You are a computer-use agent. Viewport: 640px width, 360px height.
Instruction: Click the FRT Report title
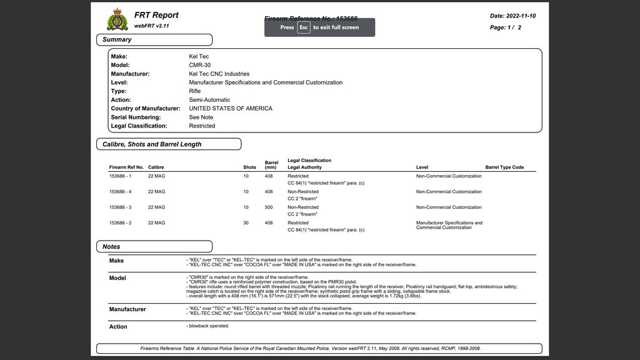[x=156, y=15]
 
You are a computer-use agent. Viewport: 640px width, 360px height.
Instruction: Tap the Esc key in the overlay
[x=303, y=27]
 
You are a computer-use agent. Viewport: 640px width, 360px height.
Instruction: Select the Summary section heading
[x=117, y=39]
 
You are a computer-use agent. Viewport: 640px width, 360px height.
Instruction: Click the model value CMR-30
[x=201, y=65]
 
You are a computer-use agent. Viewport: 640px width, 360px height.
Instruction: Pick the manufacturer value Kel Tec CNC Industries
[x=219, y=74]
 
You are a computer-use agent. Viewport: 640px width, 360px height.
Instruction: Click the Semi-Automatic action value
[x=209, y=100]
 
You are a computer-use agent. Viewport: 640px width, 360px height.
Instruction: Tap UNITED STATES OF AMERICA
[x=231, y=109]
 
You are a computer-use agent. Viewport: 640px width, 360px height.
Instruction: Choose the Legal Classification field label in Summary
[x=139, y=126]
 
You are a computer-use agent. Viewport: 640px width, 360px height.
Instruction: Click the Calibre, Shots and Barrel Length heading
[x=152, y=144]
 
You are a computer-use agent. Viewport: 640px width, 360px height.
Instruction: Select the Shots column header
[x=249, y=167]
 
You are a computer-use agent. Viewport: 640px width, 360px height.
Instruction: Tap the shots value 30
[x=246, y=223]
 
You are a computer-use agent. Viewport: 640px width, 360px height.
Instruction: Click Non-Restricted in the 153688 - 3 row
[x=303, y=207]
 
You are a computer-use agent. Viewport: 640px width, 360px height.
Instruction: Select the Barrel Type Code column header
[x=504, y=167]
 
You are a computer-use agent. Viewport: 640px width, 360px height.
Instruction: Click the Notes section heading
[x=111, y=247]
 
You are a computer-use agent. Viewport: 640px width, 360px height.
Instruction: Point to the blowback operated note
[x=209, y=326]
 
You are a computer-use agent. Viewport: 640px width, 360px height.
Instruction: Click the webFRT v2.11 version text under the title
[x=151, y=26]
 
